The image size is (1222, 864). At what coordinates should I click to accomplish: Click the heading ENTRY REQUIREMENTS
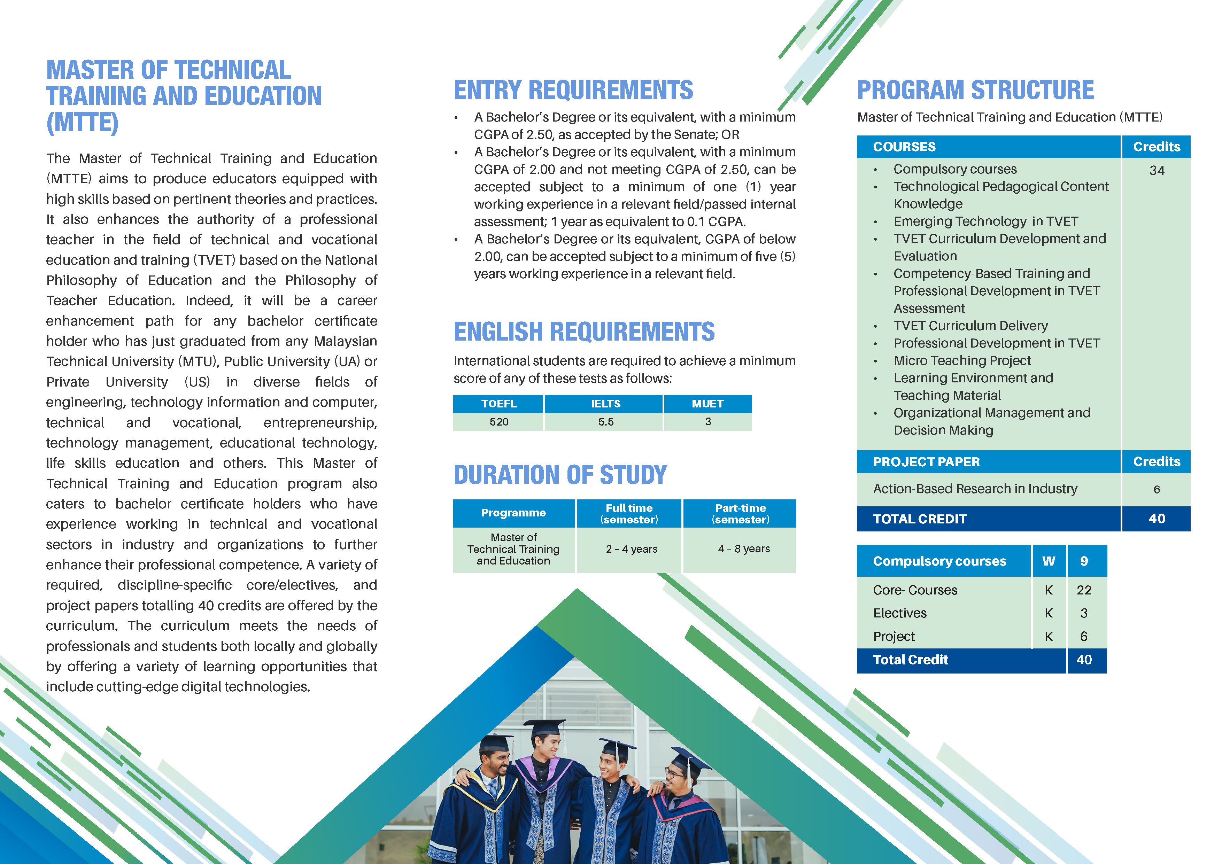click(573, 90)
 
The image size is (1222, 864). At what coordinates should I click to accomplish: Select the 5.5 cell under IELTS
click(605, 422)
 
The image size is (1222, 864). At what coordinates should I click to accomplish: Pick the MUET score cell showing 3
click(707, 422)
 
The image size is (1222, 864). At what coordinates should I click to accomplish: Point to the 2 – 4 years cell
click(631, 549)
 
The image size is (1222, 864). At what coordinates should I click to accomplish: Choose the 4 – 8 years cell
click(743, 549)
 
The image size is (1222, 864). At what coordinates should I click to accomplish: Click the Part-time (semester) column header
click(740, 513)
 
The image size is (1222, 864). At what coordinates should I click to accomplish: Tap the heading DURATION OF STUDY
click(560, 475)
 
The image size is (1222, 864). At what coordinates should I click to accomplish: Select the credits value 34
click(1156, 171)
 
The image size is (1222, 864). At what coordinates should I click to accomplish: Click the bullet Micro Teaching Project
click(962, 361)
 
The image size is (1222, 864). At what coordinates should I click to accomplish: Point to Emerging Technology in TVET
click(985, 221)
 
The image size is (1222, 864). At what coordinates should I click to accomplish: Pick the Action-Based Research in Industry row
click(975, 489)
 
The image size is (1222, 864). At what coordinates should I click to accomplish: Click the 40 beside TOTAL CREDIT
click(1156, 519)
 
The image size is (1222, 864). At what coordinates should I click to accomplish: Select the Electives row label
click(899, 613)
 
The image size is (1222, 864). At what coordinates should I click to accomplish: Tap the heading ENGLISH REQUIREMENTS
click(584, 332)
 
